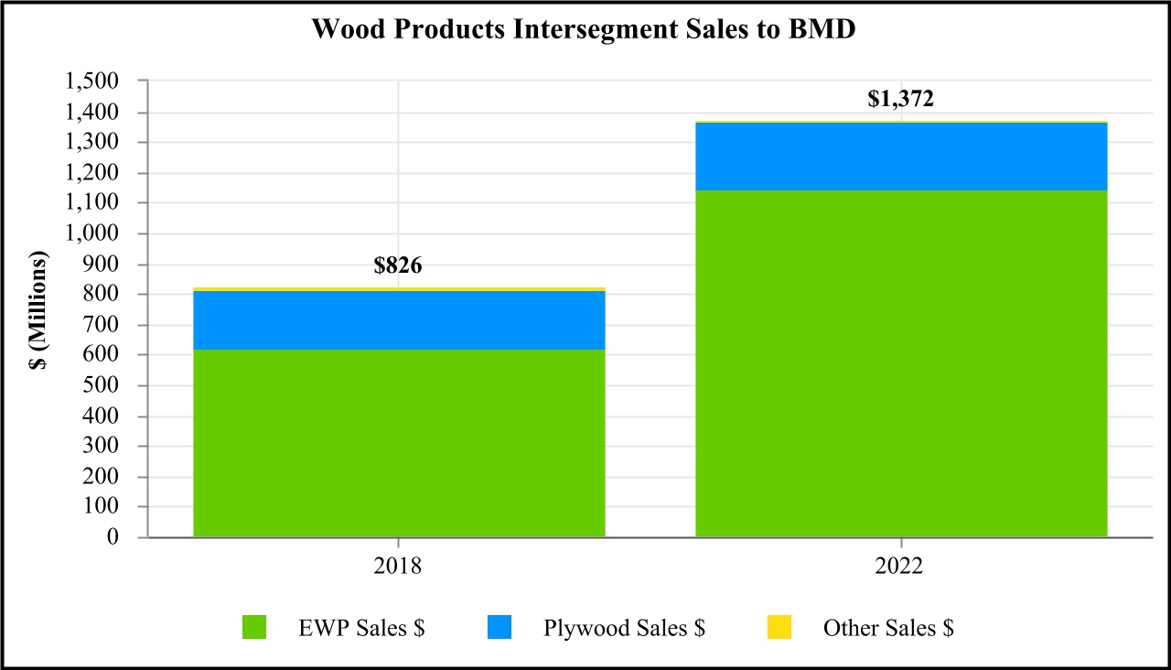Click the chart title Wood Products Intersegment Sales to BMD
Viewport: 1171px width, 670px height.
coord(584,28)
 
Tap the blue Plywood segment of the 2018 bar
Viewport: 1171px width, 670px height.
coord(399,320)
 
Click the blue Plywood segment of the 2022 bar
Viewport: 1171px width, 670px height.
coord(901,157)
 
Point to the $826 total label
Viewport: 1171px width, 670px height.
coord(398,266)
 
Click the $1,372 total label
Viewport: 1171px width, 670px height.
coord(900,99)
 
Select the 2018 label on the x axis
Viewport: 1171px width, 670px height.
coord(398,567)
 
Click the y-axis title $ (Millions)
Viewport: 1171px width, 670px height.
coord(39,309)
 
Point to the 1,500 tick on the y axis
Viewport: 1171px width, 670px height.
coord(92,82)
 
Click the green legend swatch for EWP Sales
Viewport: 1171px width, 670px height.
coord(254,627)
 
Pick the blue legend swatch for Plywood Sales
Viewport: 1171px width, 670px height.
coord(500,627)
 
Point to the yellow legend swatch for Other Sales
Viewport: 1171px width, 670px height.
coord(779,627)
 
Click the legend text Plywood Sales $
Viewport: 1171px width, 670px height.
coord(624,628)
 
